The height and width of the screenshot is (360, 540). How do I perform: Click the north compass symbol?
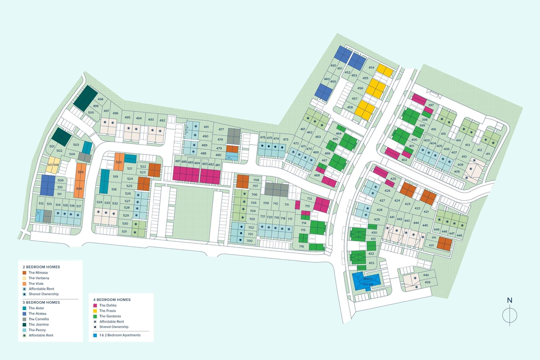(509, 314)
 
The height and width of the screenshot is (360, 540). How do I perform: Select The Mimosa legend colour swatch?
(24, 273)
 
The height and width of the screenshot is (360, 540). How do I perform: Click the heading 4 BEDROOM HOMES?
(112, 299)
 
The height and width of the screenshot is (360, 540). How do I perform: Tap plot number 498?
(100, 99)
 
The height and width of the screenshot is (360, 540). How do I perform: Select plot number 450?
(333, 66)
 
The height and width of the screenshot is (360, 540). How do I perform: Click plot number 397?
(431, 105)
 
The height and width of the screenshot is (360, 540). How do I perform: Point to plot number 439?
(427, 282)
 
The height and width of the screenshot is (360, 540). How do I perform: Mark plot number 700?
(249, 241)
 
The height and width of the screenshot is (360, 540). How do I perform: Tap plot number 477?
(221, 130)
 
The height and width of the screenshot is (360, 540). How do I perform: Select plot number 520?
(119, 162)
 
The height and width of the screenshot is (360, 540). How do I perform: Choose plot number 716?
(301, 246)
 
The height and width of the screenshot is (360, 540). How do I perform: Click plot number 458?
(350, 107)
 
